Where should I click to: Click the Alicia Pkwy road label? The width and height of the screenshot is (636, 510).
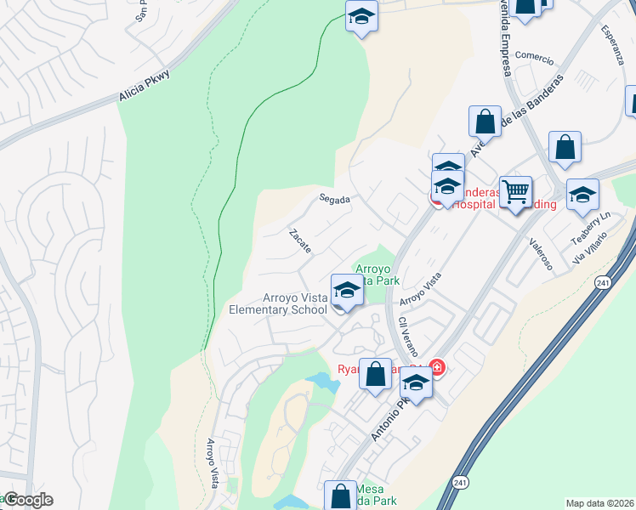[145, 86]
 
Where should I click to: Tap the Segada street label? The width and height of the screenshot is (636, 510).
[335, 199]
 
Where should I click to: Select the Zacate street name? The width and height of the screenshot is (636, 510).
[300, 241]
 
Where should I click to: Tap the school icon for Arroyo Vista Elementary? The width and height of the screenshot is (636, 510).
[346, 291]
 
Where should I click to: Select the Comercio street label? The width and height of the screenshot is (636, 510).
[535, 59]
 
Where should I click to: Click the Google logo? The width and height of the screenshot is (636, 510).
[27, 500]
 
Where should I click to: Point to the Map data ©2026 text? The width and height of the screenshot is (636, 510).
[599, 502]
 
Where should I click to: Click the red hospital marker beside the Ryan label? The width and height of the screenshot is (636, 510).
[437, 367]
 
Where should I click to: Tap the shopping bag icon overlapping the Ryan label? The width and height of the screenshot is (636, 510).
[375, 374]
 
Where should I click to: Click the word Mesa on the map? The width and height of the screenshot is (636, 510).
[370, 489]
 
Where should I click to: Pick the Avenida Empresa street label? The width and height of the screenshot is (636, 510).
[501, 38]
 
